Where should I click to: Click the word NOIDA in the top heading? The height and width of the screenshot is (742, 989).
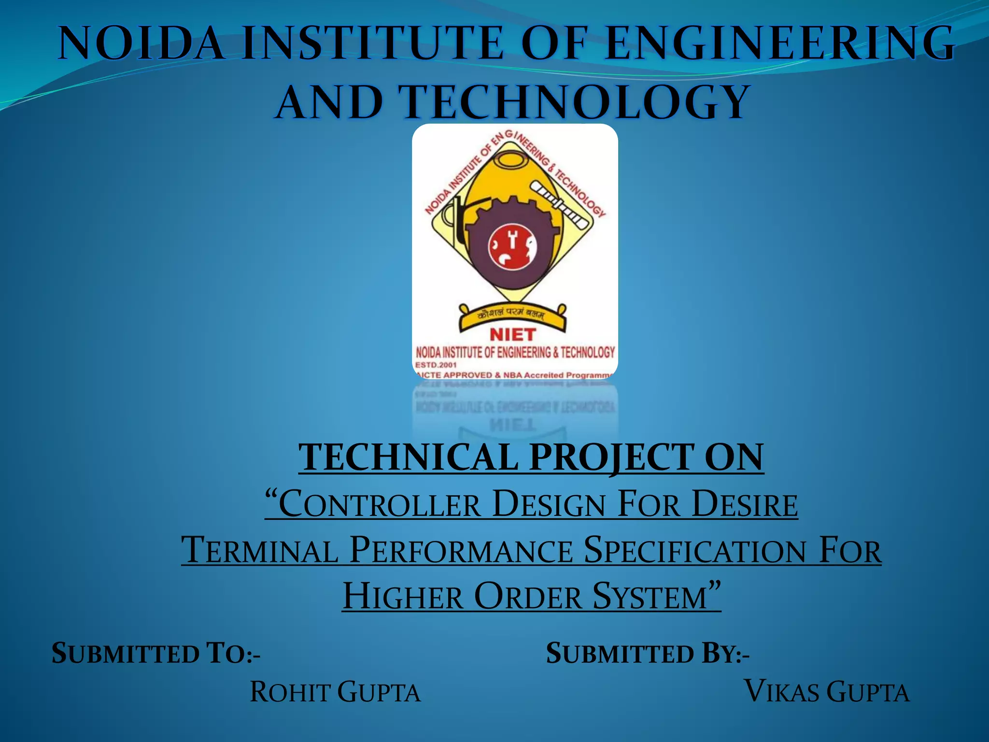pos(141,44)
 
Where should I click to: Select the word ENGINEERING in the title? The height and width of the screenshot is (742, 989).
pos(779,44)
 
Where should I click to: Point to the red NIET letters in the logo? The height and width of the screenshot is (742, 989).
pos(512,334)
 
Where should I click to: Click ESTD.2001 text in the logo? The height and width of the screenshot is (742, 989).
pos(436,365)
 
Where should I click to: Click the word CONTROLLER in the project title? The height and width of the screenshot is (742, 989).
pos(380,504)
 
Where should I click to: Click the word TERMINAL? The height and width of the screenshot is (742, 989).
pos(260,550)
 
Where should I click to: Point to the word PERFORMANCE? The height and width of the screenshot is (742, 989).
pos(461,550)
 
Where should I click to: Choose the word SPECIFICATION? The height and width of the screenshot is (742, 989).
pos(694,550)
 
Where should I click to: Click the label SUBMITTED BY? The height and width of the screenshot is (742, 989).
pos(648,654)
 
